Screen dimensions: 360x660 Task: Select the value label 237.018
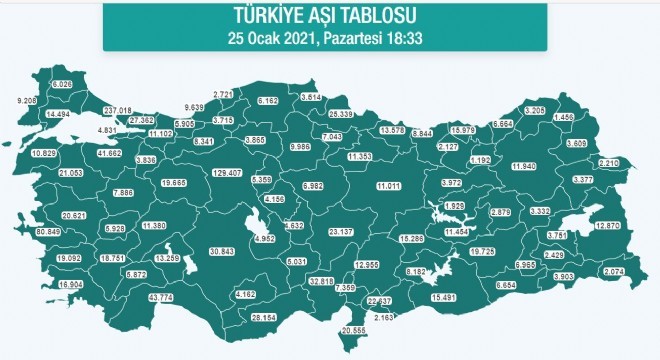pyautogui.click(x=117, y=110)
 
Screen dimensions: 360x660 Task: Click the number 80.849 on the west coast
pyautogui.click(x=48, y=231)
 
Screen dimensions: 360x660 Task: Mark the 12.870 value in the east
pyautogui.click(x=608, y=227)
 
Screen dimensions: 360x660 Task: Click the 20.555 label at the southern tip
pyautogui.click(x=356, y=330)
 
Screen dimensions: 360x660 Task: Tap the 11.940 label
pyautogui.click(x=524, y=165)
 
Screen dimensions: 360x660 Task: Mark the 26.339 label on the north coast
pyautogui.click(x=343, y=115)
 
